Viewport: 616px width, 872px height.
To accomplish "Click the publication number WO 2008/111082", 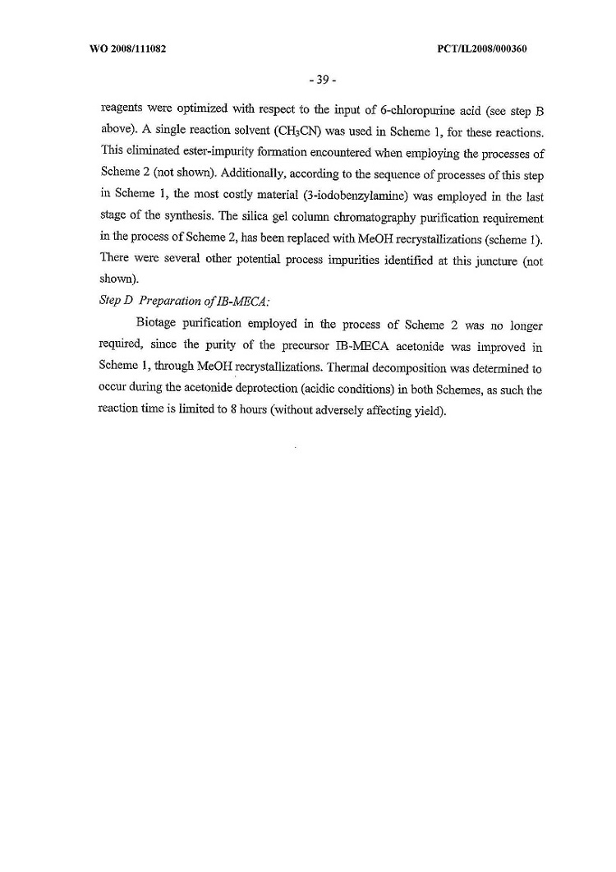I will coord(126,49).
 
